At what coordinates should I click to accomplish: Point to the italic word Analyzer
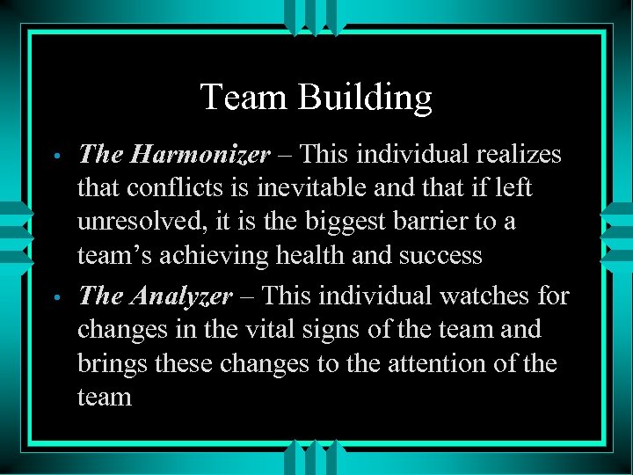(180, 296)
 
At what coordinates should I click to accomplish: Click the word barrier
(436, 222)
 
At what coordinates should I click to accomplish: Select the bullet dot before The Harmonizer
(55, 157)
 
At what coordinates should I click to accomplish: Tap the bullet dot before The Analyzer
(55, 298)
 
